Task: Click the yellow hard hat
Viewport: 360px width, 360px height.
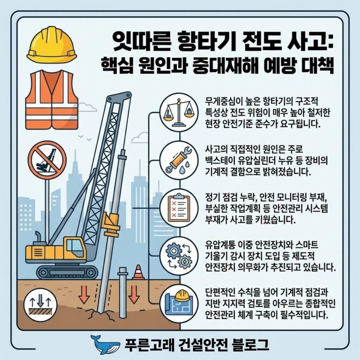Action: tap(52, 45)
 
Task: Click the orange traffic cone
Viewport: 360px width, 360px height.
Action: tap(138, 272)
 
